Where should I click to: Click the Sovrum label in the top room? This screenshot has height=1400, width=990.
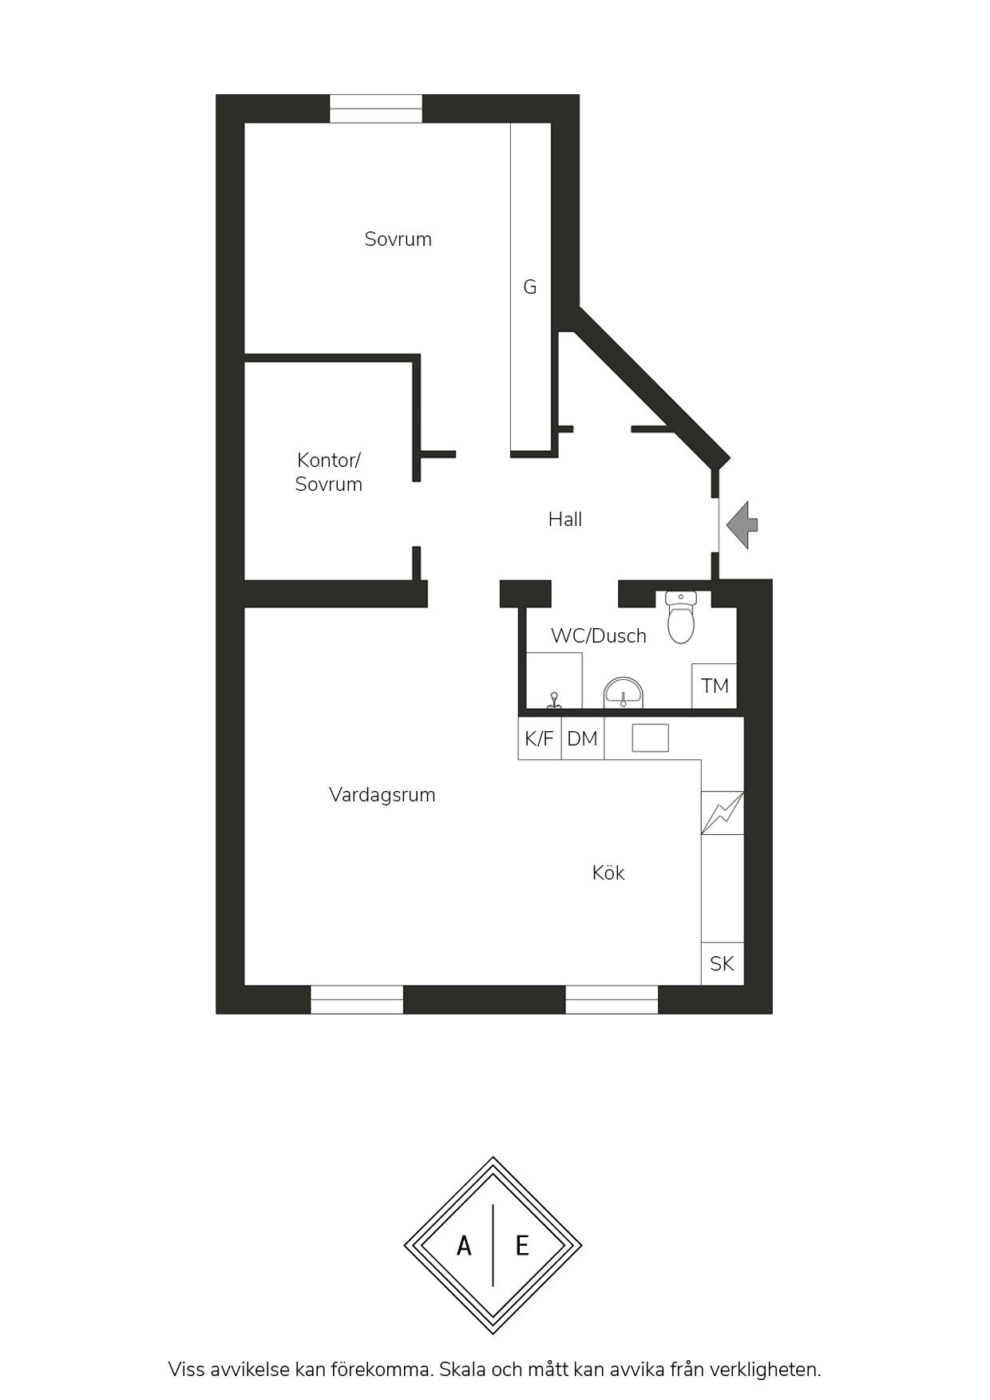(x=398, y=239)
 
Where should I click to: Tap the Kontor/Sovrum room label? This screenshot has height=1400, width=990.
(x=328, y=472)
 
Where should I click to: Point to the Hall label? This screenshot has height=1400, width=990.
(x=564, y=520)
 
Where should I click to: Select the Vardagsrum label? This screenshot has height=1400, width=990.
(x=382, y=795)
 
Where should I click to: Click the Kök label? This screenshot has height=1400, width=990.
(x=608, y=872)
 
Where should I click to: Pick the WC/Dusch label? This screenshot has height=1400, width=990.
(x=598, y=636)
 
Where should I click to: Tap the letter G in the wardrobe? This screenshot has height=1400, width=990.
(x=529, y=287)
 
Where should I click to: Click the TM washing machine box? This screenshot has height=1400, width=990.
(x=715, y=686)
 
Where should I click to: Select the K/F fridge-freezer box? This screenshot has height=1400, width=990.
(x=540, y=738)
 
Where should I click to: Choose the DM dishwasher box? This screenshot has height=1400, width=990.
(x=583, y=738)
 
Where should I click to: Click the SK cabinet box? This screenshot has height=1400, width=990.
(x=723, y=963)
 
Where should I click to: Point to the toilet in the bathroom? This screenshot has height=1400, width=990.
(x=681, y=617)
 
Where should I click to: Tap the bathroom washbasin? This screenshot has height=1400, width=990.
(x=623, y=693)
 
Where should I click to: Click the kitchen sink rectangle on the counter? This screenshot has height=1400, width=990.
(x=651, y=738)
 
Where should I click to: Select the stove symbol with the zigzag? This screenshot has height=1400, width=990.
(x=723, y=813)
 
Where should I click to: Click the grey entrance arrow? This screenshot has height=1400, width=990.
(x=742, y=524)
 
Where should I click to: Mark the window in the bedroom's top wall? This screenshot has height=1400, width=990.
(x=376, y=109)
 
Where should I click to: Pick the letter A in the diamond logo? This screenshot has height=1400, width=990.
(x=464, y=1245)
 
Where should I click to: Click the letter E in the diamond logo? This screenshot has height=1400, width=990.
(x=522, y=1245)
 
